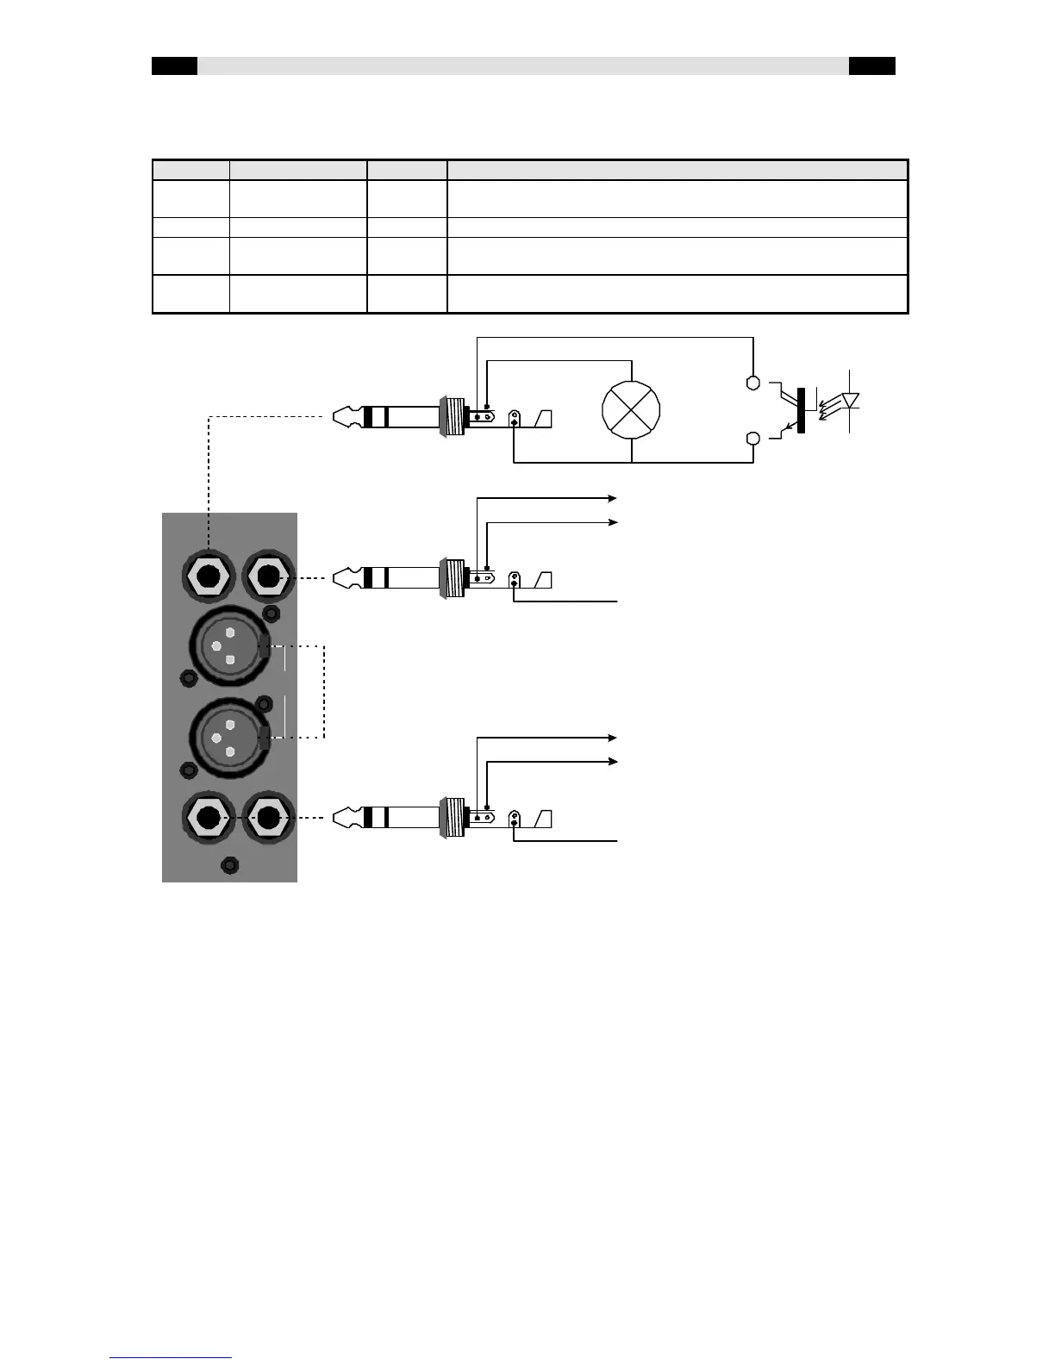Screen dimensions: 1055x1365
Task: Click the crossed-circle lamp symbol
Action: click(x=632, y=408)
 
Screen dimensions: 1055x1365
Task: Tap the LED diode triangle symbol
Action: click(x=851, y=401)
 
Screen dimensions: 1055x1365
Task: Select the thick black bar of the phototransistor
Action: click(x=802, y=409)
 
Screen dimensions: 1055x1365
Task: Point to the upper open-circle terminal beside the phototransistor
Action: click(x=752, y=382)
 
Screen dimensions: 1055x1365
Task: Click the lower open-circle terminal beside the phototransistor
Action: click(x=752, y=439)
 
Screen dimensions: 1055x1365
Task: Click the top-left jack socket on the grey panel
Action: click(x=208, y=576)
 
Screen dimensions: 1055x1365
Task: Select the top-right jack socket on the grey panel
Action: click(x=268, y=576)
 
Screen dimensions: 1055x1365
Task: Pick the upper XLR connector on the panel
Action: click(x=228, y=648)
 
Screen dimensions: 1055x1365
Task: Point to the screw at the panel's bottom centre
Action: click(x=229, y=865)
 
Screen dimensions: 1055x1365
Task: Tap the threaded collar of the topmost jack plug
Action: click(x=452, y=417)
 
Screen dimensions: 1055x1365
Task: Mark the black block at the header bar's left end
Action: click(x=174, y=66)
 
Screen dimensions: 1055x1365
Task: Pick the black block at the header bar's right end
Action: click(x=871, y=66)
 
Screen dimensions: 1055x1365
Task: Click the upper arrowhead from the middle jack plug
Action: click(x=613, y=498)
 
